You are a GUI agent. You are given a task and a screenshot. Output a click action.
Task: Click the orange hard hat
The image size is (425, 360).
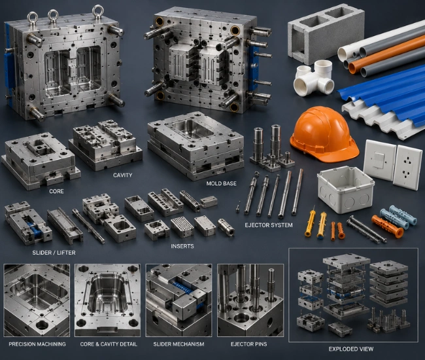pyautogui.click(x=324, y=134)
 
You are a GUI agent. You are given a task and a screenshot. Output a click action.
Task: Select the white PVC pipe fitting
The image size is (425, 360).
pyautogui.click(x=314, y=79)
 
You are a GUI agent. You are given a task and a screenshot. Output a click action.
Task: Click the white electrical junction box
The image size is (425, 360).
pyautogui.click(x=345, y=189)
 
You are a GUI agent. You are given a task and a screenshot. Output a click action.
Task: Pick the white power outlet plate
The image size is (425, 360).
pyautogui.click(x=408, y=167)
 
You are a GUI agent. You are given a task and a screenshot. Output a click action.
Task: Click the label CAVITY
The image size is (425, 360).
pyautogui.click(x=122, y=175)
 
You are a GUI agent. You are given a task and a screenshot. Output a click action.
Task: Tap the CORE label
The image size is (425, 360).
pyautogui.click(x=56, y=191)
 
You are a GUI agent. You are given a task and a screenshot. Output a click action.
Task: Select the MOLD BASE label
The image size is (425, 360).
pyautogui.click(x=222, y=184)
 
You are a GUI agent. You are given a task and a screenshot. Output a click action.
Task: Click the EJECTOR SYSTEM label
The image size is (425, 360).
pyautogui.click(x=269, y=225)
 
